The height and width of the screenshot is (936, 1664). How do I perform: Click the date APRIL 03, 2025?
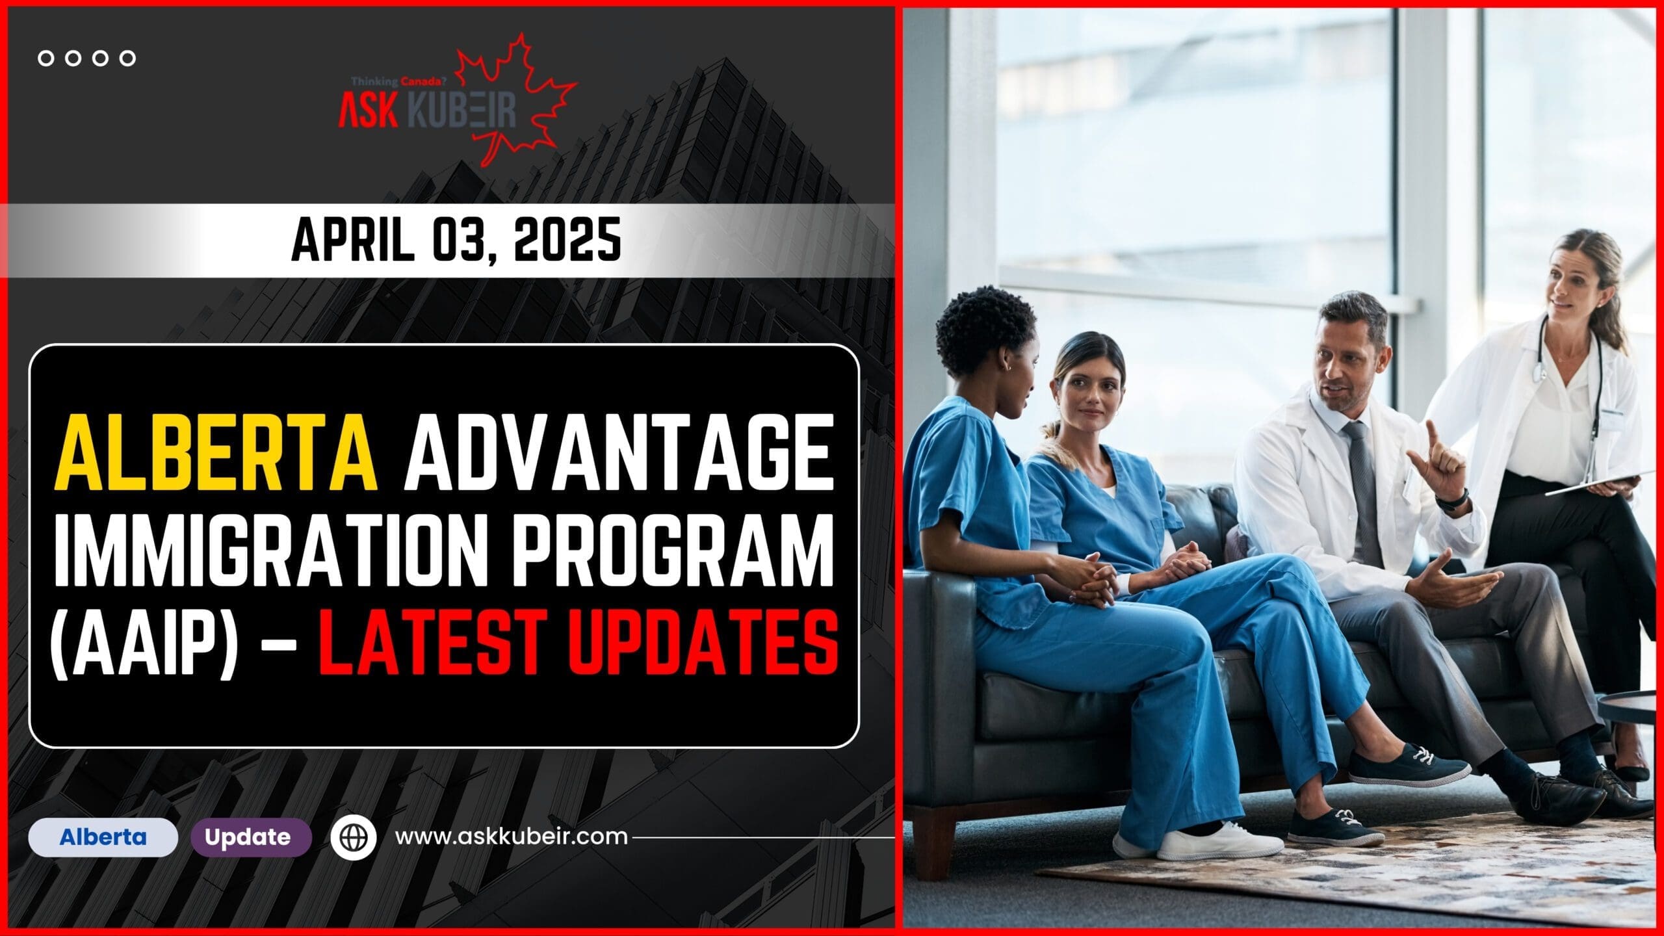(x=455, y=241)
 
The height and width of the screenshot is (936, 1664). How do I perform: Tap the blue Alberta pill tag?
(x=103, y=837)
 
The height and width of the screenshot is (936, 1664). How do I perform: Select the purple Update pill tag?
(x=248, y=837)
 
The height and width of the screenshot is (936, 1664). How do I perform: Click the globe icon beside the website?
(x=354, y=837)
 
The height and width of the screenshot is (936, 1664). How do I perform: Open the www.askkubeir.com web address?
(x=512, y=837)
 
